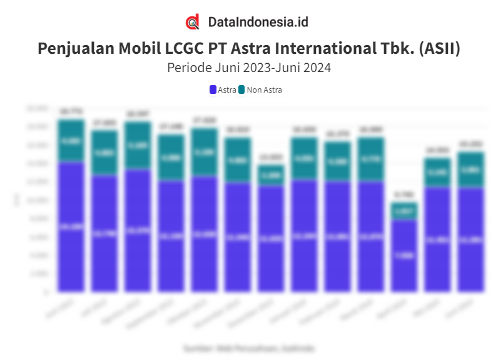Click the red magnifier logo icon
(x=193, y=23)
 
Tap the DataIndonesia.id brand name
(x=258, y=23)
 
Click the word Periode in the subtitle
(x=189, y=68)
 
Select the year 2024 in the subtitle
(x=315, y=68)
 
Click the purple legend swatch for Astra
(x=213, y=90)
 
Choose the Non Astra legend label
(x=264, y=90)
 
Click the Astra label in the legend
(x=226, y=90)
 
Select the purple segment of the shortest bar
(x=404, y=255)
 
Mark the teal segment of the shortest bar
(x=404, y=211)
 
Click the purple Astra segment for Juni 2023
(x=71, y=227)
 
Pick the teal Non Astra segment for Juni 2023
(x=71, y=141)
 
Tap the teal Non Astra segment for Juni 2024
(x=470, y=170)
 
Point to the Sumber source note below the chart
(x=249, y=347)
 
